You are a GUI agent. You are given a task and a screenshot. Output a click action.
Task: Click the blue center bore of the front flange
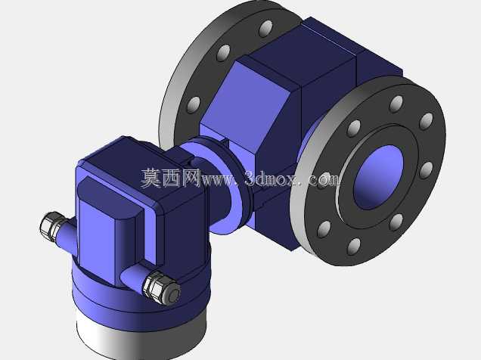[x=378, y=178]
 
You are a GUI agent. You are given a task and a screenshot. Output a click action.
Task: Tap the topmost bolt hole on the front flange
[x=396, y=104]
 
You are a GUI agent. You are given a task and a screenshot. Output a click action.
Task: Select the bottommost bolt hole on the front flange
[x=354, y=247]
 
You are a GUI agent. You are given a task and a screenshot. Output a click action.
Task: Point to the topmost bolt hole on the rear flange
[x=265, y=28]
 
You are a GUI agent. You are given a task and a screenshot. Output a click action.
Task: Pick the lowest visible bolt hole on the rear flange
[x=194, y=105]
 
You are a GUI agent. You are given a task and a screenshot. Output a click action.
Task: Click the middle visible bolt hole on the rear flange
[x=224, y=53]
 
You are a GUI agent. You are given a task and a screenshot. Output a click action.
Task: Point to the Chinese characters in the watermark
[x=171, y=178]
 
